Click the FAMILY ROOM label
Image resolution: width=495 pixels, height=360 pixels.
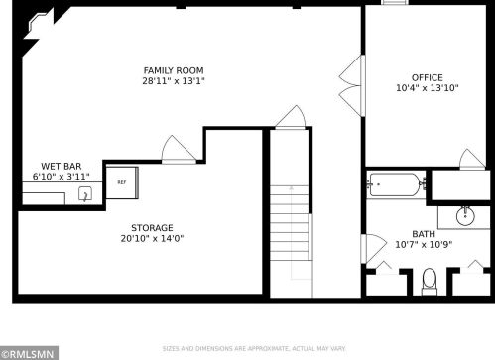pos(174,70)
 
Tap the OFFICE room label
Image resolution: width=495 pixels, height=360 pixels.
pos(428,77)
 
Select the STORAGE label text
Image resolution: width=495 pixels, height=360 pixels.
pos(152,228)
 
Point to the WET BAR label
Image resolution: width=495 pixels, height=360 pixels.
pos(62,166)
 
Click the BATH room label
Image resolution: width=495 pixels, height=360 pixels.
pos(424,234)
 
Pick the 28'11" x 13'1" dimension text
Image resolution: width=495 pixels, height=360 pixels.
pos(174,81)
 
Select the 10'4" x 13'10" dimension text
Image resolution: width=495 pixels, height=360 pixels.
pos(428,88)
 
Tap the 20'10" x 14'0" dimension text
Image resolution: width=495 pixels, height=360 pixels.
pos(152,238)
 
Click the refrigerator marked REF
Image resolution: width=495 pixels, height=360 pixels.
pos(122,182)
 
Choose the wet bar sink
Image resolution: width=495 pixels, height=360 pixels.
pos(85,194)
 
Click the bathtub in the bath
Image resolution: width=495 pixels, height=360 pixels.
pos(395,184)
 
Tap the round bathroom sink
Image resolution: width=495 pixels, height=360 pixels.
pos(465,216)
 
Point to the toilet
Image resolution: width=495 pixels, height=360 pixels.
pos(430,282)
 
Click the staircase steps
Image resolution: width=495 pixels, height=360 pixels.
pos(290,223)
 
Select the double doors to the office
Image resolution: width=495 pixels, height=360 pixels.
pos(352,85)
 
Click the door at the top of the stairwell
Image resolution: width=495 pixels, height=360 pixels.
pos(291,117)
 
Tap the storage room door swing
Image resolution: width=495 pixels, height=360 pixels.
pos(179,150)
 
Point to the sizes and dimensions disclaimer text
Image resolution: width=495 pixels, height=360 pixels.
pos(254,349)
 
